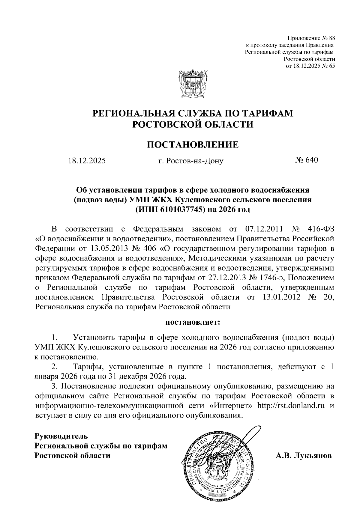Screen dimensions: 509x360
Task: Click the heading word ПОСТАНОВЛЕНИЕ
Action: coord(193,145)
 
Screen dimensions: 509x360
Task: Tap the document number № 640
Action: coord(306,160)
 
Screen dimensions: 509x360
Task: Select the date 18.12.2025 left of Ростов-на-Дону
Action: coord(87,161)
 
